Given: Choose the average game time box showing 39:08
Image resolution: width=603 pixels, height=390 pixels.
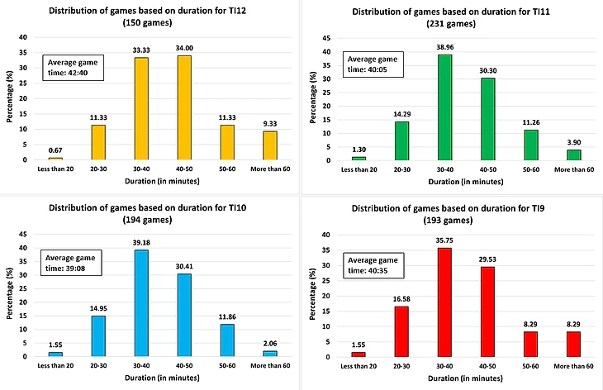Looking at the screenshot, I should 70,263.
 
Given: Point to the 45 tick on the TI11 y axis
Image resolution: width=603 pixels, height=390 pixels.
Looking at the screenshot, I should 327,38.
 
